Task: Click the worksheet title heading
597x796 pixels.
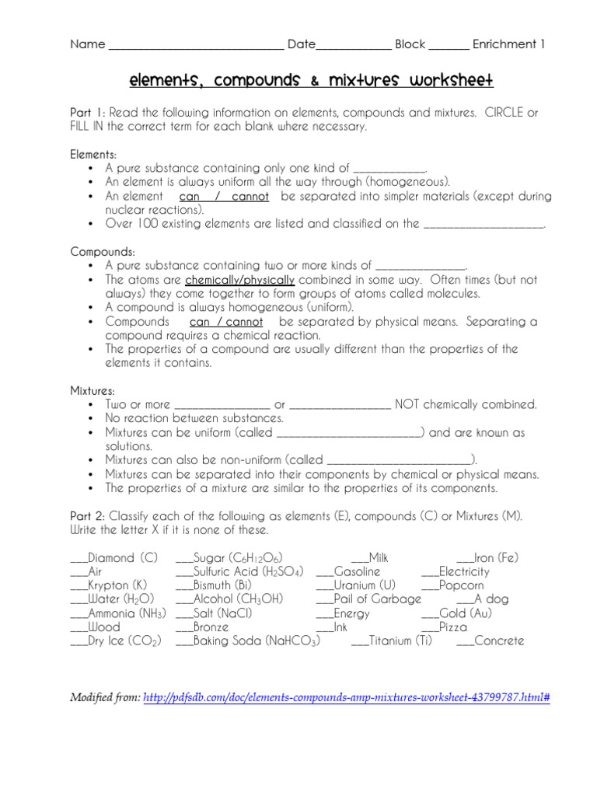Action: click(x=310, y=81)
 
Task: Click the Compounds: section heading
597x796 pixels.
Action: click(x=103, y=252)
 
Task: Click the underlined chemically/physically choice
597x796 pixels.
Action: click(x=239, y=280)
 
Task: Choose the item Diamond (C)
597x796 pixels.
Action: click(x=123, y=557)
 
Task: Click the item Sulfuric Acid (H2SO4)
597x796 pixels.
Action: click(x=248, y=571)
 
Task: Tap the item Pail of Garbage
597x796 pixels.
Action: click(x=377, y=599)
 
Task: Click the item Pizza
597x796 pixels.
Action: click(x=453, y=627)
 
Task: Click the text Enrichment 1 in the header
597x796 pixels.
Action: click(x=508, y=44)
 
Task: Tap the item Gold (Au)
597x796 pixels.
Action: click(x=465, y=613)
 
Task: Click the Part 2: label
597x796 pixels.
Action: click(x=87, y=516)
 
